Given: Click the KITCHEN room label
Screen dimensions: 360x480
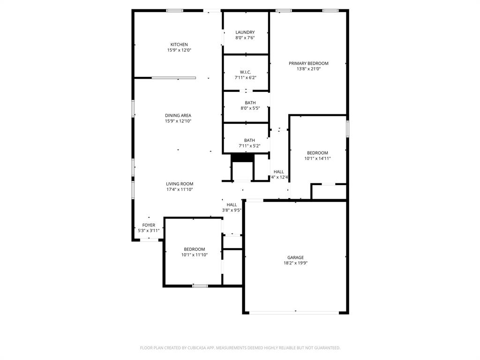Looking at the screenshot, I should (179, 45).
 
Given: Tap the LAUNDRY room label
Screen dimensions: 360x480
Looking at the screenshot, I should (245, 32).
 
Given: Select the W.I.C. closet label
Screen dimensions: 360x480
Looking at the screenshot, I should (246, 72).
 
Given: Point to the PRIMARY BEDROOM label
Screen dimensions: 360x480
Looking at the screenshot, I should (308, 63).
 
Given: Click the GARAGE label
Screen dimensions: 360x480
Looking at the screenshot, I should (295, 257).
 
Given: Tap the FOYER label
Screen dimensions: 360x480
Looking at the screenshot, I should (149, 225).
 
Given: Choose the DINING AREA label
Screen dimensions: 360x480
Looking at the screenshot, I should (178, 115).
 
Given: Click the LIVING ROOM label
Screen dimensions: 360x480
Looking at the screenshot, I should (180, 184).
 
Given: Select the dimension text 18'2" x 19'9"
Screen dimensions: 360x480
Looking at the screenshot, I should (295, 263).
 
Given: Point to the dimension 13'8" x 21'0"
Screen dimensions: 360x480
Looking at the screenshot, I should (308, 69).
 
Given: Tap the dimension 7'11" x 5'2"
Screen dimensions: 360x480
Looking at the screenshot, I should (249, 146).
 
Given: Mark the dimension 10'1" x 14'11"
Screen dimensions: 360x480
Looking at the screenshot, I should (317, 158).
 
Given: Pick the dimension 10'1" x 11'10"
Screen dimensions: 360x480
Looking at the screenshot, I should (194, 255).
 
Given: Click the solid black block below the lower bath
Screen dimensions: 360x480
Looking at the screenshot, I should (242, 158).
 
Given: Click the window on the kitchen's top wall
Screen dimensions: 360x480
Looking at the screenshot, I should (175, 10).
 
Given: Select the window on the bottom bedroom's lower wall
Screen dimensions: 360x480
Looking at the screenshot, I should (200, 285).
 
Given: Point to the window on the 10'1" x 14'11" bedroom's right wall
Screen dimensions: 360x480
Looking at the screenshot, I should (347, 129).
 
